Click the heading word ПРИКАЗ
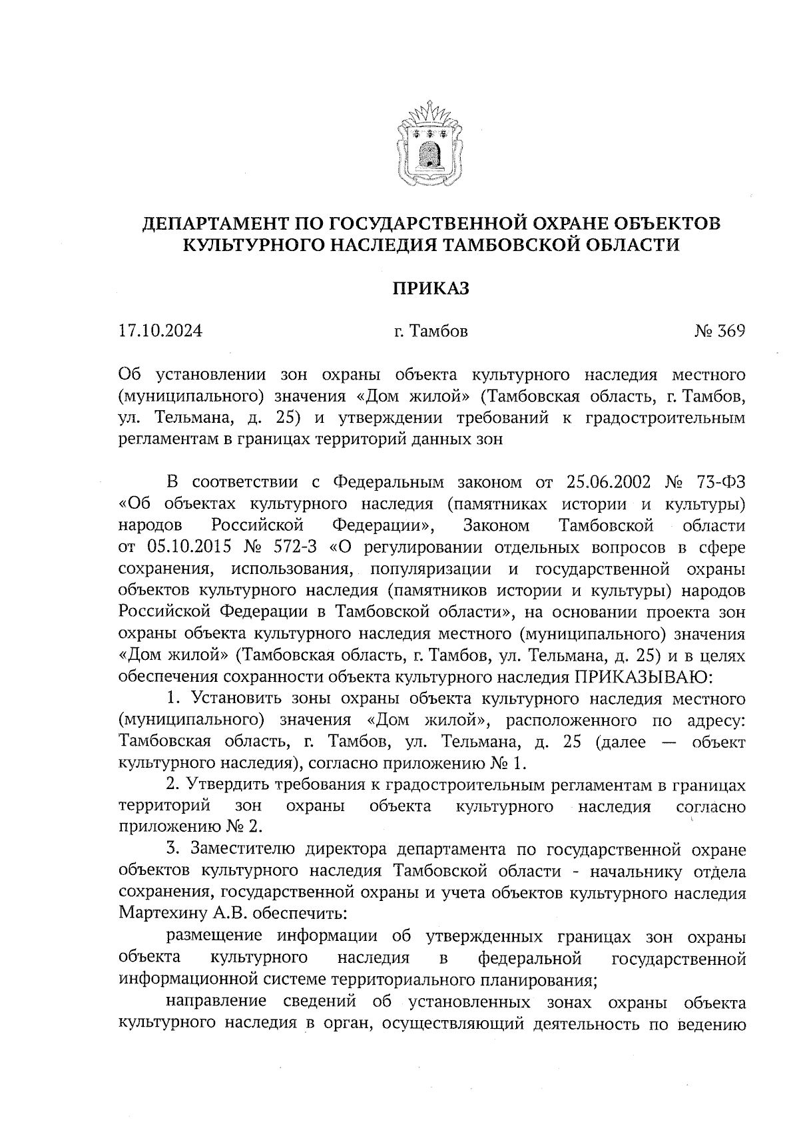[430, 288]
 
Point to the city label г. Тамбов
[430, 331]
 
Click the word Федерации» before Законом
[384, 525]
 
